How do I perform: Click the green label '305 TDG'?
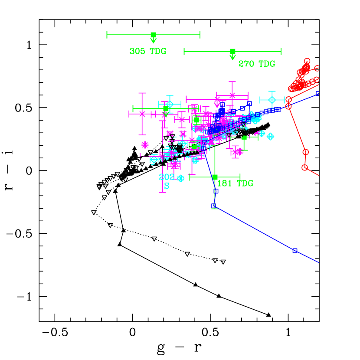(147, 51)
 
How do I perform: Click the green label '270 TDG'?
(256, 64)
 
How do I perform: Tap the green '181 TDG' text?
(235, 183)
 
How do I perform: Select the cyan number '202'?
(167, 177)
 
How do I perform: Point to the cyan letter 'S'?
(167, 186)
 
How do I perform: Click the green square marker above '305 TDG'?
(153, 35)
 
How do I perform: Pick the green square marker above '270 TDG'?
(232, 51)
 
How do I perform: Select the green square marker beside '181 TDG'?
(215, 177)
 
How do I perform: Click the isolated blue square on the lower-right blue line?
(295, 250)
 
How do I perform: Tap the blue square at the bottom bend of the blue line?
(213, 206)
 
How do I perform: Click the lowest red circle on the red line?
(304, 167)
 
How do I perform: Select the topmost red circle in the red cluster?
(307, 61)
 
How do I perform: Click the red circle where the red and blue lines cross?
(288, 106)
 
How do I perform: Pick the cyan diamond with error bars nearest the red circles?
(272, 100)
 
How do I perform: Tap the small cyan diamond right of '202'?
(181, 178)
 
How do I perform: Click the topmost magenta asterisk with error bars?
(232, 95)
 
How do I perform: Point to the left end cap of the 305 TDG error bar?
(107, 35)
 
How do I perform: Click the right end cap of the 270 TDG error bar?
(281, 51)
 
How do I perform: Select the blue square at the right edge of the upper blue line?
(318, 93)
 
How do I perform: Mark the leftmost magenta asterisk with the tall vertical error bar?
(142, 114)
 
